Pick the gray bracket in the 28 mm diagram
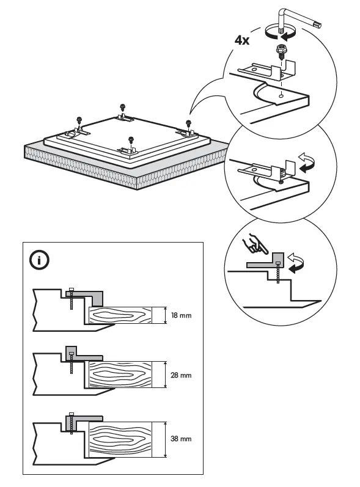(x=79, y=355)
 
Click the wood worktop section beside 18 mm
(x=119, y=315)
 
